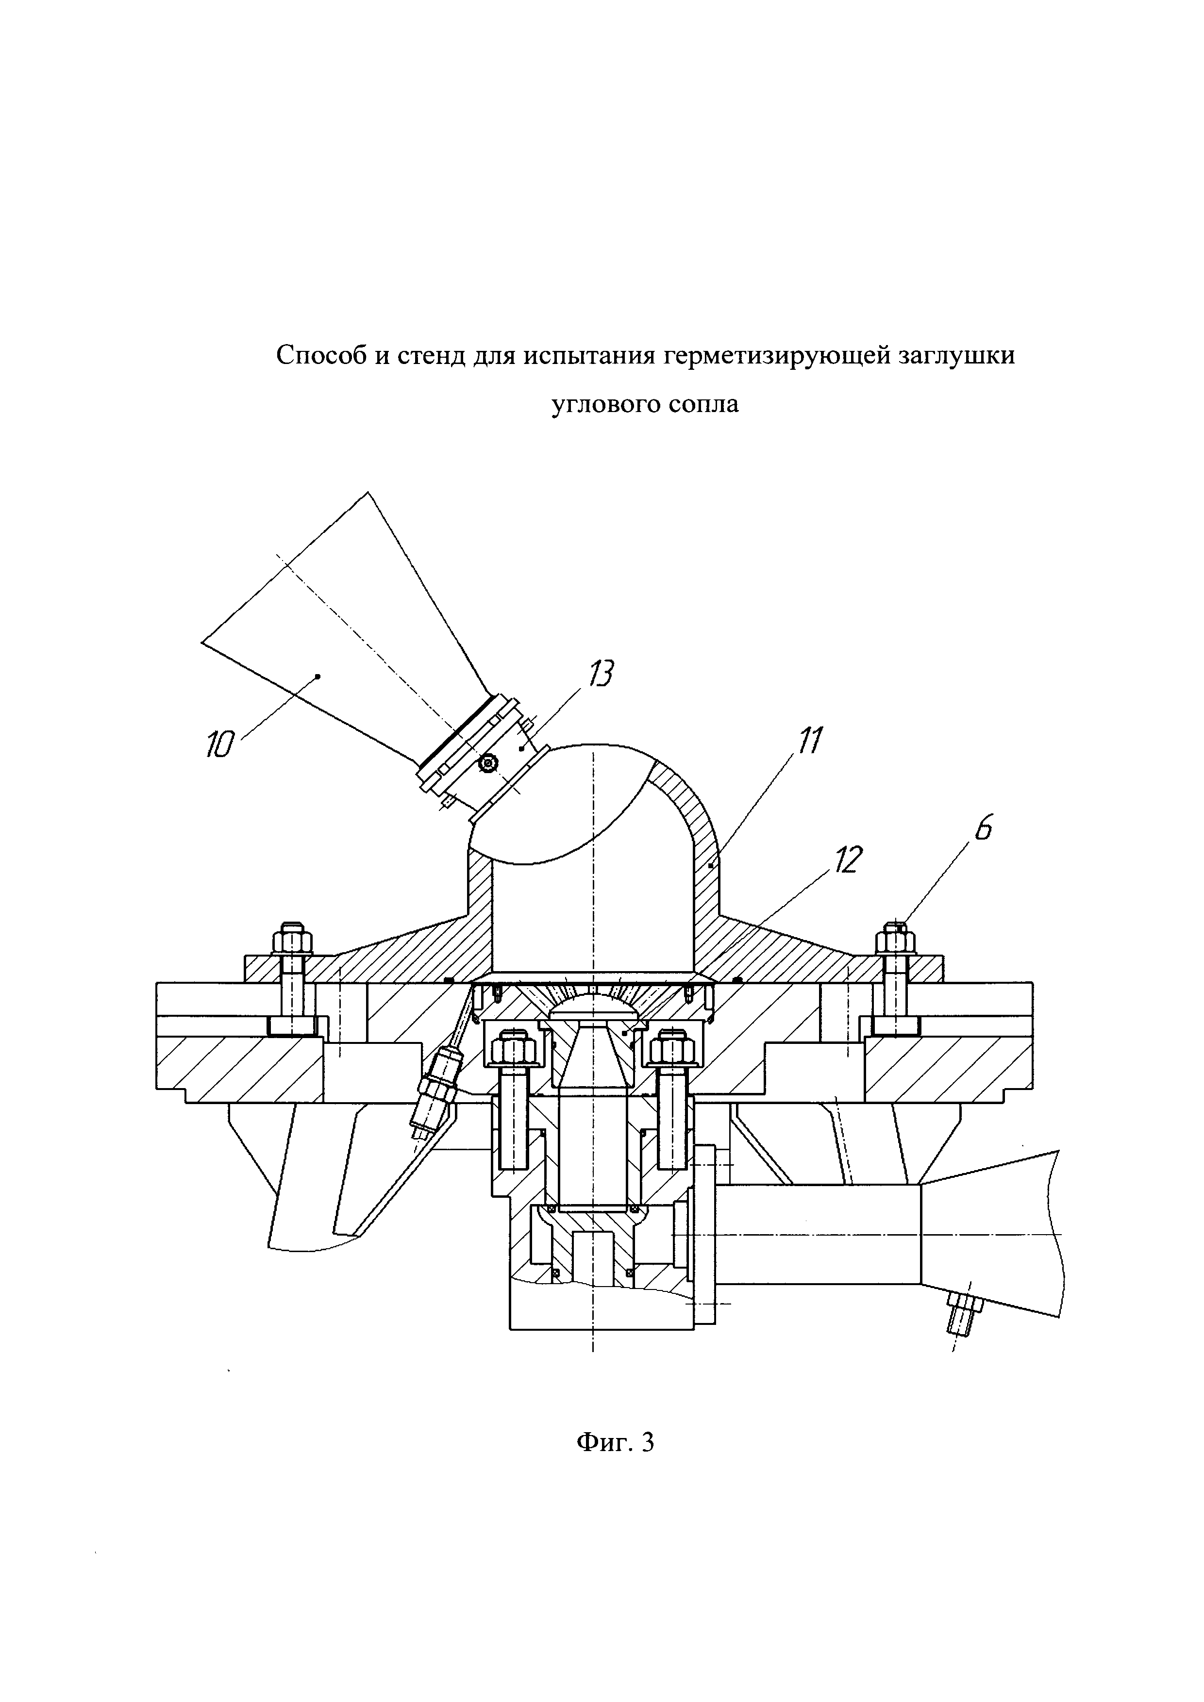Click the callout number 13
601,675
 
